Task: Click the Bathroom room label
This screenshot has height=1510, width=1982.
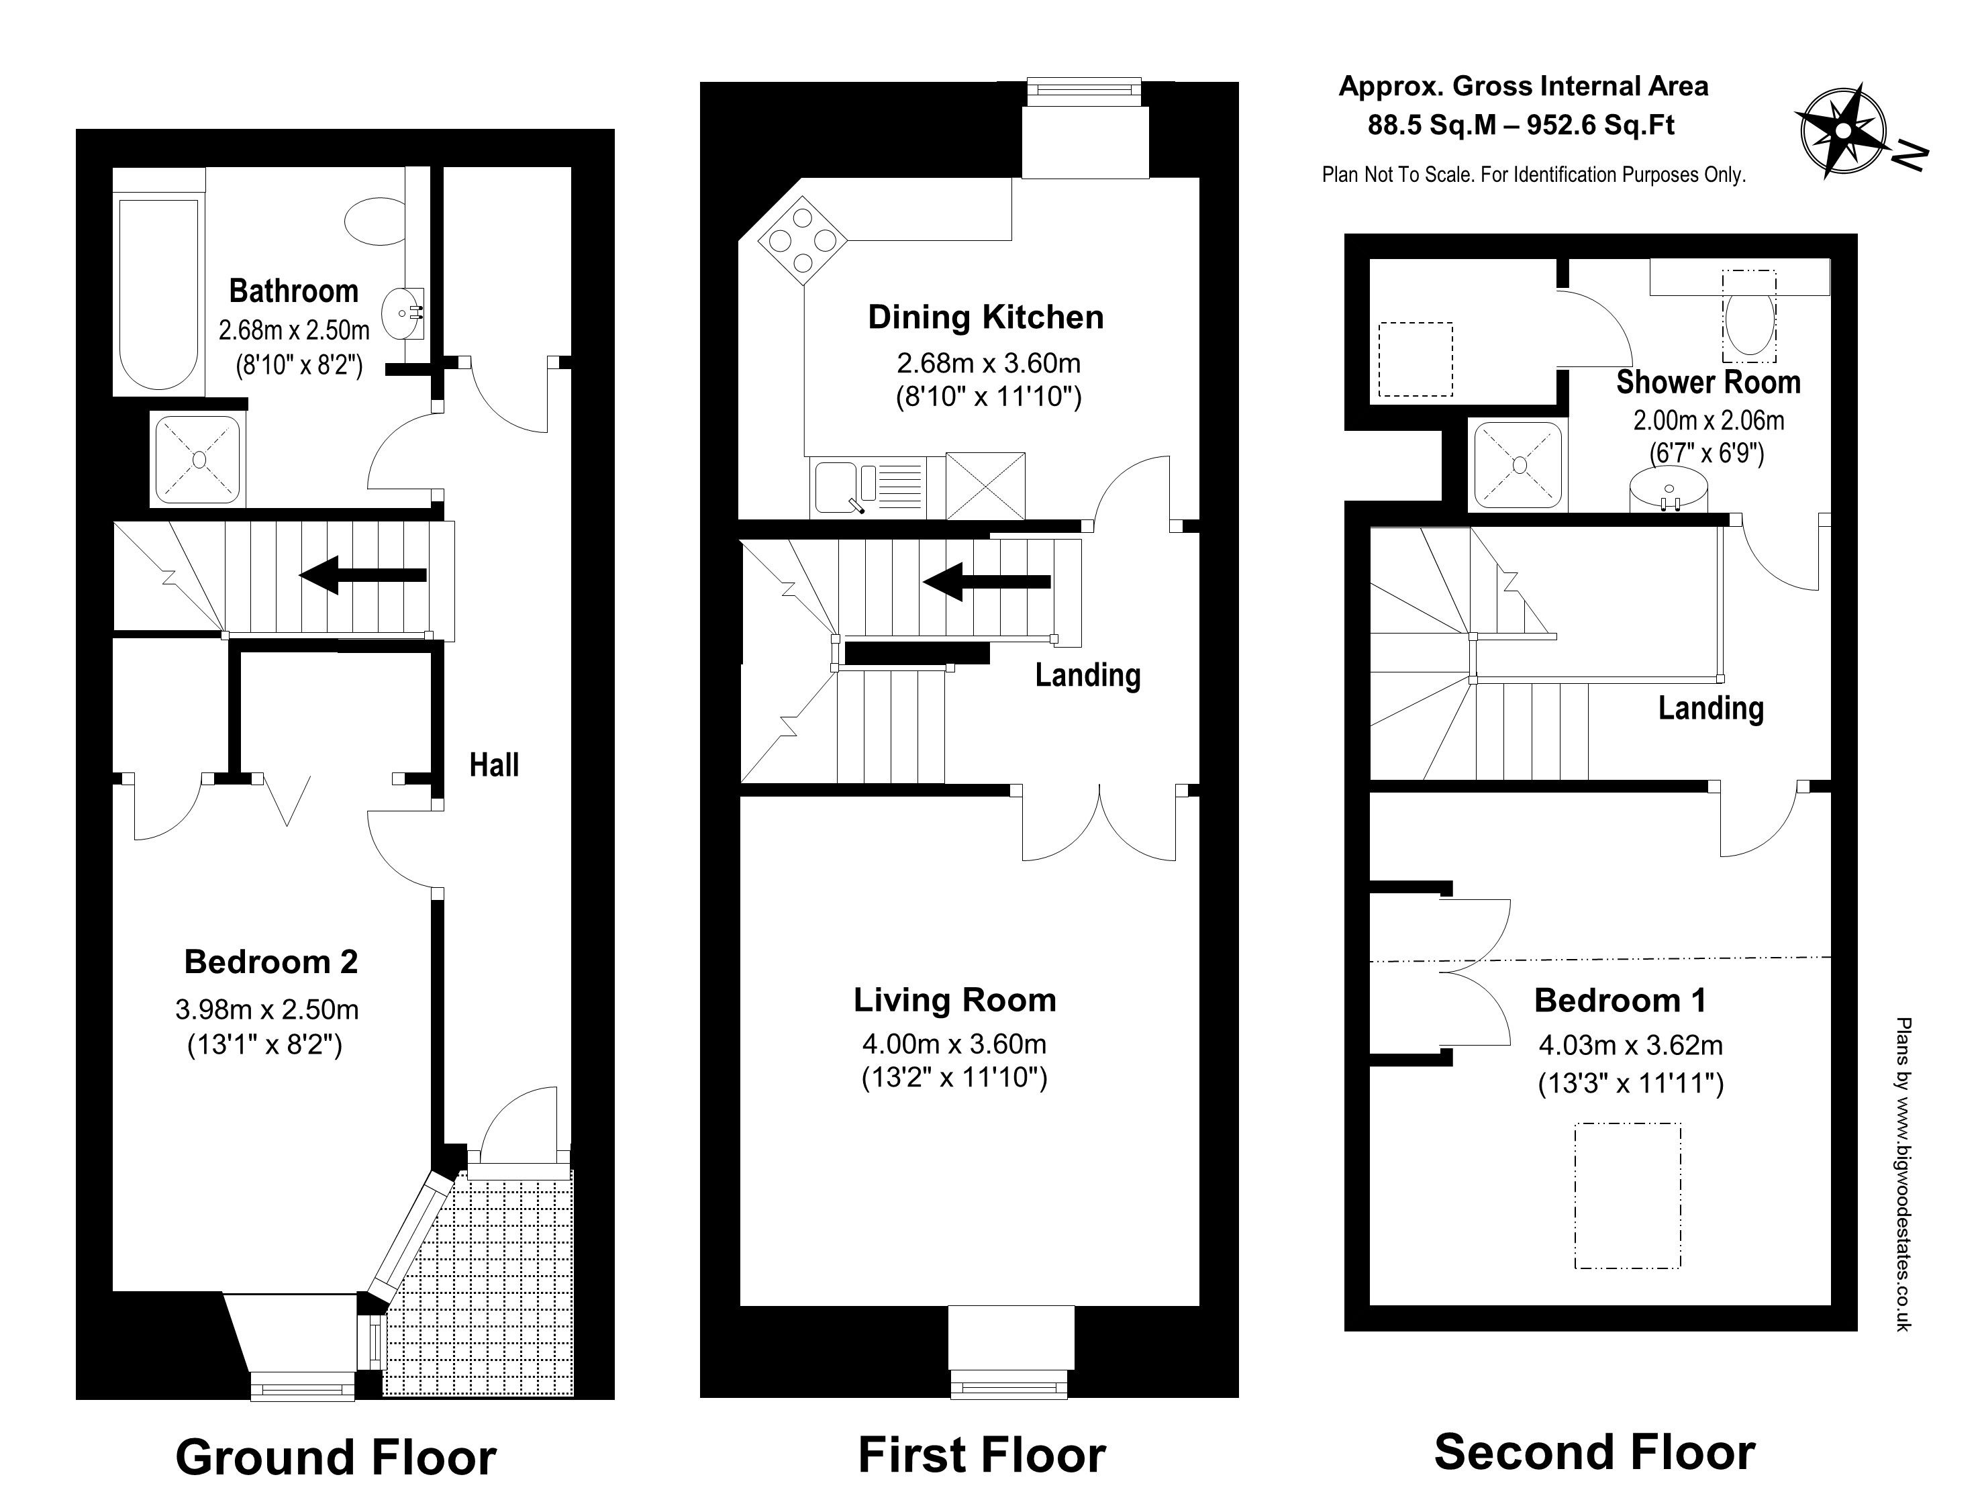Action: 294,291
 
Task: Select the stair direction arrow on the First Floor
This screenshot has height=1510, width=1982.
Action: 987,582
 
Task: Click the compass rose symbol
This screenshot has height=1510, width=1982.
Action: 1842,130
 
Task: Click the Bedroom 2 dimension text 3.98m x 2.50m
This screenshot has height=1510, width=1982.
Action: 267,1009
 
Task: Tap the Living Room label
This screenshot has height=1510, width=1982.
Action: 954,1001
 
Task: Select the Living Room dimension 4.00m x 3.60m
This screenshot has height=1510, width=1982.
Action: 954,1044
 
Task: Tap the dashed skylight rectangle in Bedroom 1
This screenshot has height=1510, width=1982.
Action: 1628,1195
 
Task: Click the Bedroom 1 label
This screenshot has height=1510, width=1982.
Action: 1620,1001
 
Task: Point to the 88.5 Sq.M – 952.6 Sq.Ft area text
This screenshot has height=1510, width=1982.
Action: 1521,125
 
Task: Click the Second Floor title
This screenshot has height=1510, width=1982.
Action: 1595,1452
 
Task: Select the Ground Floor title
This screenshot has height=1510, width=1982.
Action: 336,1457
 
